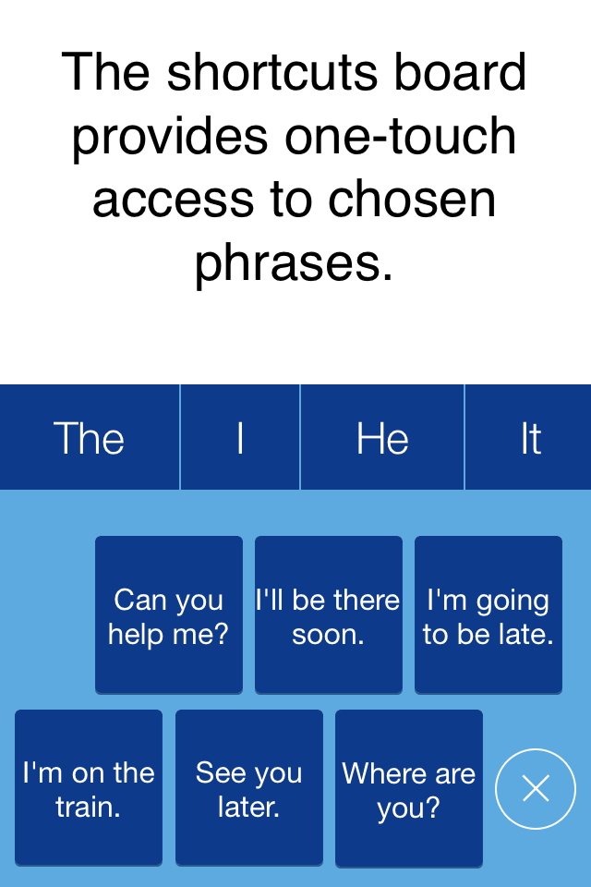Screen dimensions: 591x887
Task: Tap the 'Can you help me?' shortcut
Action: [x=169, y=615]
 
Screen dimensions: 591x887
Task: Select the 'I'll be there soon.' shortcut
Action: [x=329, y=615]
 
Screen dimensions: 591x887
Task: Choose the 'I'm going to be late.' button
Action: [x=488, y=615]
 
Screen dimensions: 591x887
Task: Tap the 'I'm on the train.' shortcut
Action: [x=89, y=788]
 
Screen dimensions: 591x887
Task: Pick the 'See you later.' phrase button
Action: [x=248, y=788]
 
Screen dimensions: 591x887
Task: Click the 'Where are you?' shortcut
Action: [x=409, y=788]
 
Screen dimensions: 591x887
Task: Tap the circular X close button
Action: [x=536, y=788]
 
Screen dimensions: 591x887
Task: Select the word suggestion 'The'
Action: [x=90, y=437]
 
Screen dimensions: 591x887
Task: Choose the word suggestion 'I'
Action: [x=240, y=437]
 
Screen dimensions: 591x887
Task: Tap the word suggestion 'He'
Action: [x=382, y=437]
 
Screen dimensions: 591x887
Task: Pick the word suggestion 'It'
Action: [x=530, y=437]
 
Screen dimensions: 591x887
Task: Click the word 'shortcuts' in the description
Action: [x=272, y=73]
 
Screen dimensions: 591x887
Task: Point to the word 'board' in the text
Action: [x=461, y=72]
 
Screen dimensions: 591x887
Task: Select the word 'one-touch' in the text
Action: [x=401, y=136]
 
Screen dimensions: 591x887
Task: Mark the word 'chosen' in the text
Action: [x=412, y=199]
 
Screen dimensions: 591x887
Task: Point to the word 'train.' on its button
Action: [x=89, y=807]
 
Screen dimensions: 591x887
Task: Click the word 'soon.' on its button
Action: [x=328, y=634]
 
